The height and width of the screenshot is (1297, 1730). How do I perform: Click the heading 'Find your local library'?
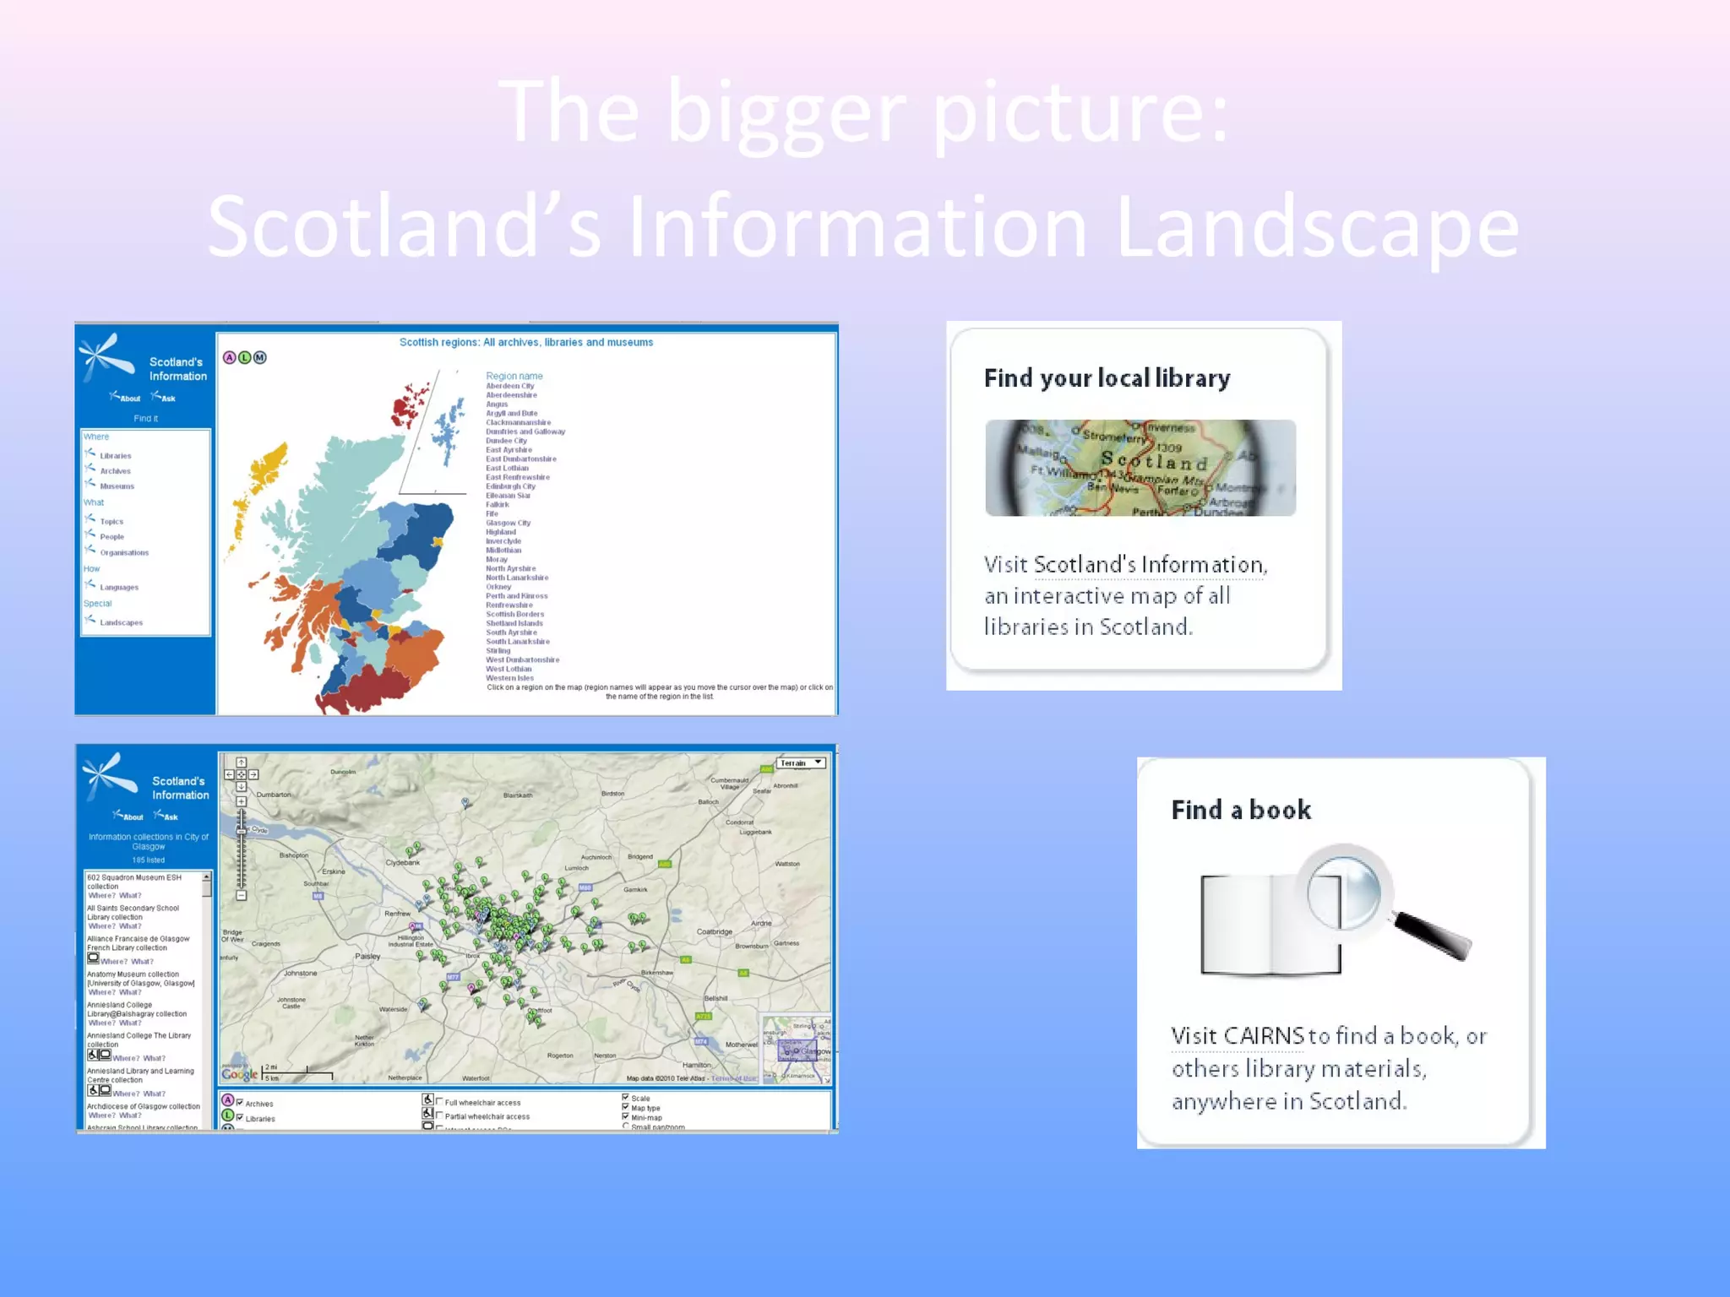coord(1107,378)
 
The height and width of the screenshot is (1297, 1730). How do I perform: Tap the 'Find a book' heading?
coord(1241,811)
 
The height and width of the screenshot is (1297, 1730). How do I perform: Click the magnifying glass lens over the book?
coord(1344,892)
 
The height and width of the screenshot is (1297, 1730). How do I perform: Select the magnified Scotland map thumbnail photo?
coord(1140,468)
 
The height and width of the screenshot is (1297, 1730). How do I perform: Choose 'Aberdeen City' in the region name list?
coord(509,386)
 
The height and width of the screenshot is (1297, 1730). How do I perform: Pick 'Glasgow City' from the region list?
coord(508,523)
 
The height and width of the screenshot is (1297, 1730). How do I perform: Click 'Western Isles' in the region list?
coord(509,678)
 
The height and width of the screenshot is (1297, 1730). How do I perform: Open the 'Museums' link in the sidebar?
coord(117,486)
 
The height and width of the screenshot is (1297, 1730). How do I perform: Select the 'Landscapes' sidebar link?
coord(121,623)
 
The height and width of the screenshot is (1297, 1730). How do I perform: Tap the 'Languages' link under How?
coord(119,588)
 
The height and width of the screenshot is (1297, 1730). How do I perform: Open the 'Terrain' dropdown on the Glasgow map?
coord(800,763)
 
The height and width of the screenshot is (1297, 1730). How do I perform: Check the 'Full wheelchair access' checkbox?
coord(439,1102)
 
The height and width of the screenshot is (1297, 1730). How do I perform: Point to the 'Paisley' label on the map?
coord(367,957)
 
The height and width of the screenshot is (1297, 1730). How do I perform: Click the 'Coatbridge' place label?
coord(714,932)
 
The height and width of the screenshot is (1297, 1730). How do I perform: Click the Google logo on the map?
coord(239,1074)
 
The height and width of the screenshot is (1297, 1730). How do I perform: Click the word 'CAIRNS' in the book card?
coord(1238,1036)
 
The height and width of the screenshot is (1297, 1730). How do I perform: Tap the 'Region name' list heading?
coord(514,376)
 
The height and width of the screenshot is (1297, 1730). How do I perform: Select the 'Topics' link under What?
coord(112,522)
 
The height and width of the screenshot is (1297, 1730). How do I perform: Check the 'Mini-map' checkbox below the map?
coord(626,1117)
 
